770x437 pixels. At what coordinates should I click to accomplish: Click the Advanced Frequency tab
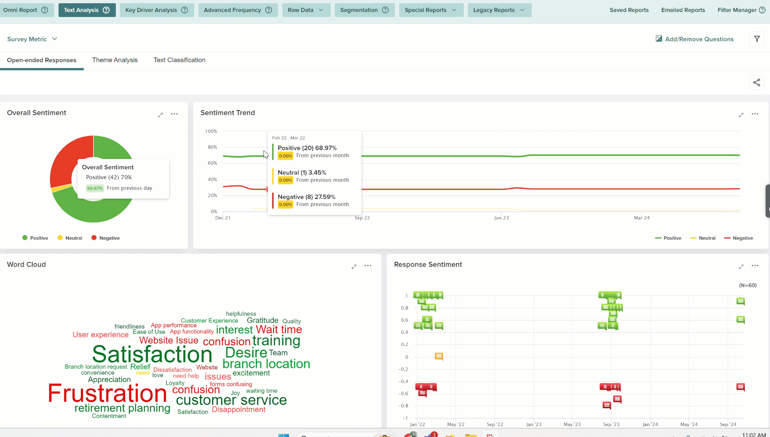[238, 10]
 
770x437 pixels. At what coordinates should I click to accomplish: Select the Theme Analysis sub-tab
[115, 60]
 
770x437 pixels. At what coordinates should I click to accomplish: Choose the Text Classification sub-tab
[179, 60]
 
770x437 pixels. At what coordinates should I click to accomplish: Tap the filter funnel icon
[757, 39]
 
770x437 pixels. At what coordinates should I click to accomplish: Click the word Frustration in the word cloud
[107, 393]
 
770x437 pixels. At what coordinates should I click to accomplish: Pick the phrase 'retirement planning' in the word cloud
[122, 408]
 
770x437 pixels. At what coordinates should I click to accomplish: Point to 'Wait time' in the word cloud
[279, 329]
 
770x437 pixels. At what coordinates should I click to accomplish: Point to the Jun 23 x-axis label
[501, 218]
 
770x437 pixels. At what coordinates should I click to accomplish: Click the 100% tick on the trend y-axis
[211, 131]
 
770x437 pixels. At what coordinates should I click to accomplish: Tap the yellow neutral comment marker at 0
[439, 356]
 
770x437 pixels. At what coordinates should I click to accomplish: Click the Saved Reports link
[629, 10]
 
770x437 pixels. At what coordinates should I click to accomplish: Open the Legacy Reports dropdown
[499, 10]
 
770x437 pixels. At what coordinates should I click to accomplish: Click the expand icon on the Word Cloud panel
[354, 266]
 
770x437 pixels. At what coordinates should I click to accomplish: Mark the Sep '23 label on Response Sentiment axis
[611, 424]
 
